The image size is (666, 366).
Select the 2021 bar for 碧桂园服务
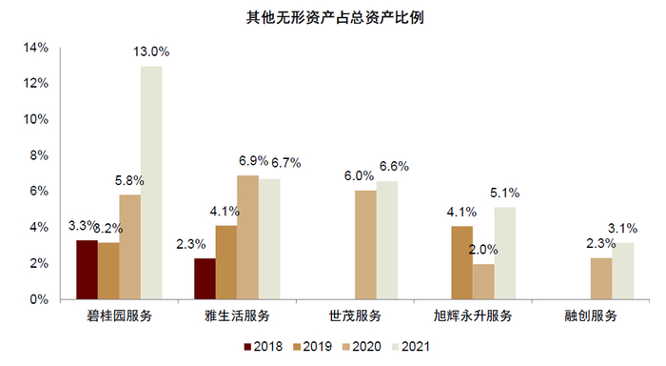coord(151,182)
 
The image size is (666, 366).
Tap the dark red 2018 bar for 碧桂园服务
coord(87,270)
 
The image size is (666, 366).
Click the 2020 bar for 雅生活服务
coord(247,237)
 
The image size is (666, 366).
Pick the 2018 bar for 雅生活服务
coord(205,278)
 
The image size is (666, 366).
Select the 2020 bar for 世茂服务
coord(365,245)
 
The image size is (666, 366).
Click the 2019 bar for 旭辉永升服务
coord(461,262)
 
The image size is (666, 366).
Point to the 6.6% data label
coord(393,166)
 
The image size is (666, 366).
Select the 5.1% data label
coord(506,193)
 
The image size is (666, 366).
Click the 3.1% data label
coord(624,228)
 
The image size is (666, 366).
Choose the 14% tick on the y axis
coord(36,48)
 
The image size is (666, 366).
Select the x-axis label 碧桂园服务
coord(120,315)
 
